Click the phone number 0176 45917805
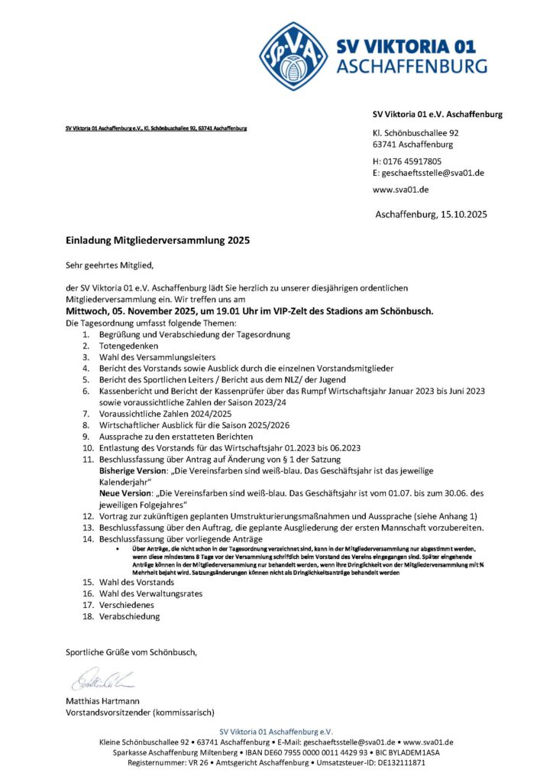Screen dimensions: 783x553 (x=412, y=161)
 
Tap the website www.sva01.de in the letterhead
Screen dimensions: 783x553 (x=400, y=189)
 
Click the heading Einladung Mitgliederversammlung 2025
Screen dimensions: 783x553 (x=157, y=239)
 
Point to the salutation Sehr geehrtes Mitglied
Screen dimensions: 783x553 (x=110, y=265)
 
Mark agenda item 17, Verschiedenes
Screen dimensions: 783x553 (x=126, y=604)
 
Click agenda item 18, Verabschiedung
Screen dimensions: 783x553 (x=129, y=616)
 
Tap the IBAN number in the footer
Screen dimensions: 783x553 (x=315, y=752)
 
